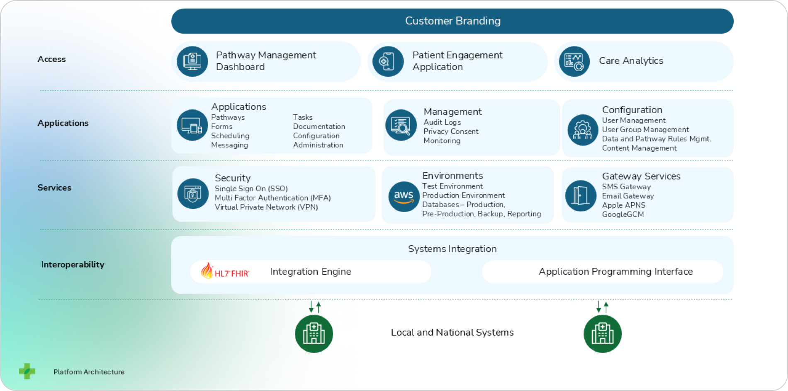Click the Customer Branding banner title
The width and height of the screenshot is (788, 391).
tap(452, 21)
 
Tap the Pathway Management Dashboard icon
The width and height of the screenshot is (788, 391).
tap(192, 61)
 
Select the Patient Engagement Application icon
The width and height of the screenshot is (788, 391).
tap(388, 61)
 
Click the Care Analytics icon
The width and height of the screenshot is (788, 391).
tap(574, 61)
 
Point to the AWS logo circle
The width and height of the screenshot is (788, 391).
tap(404, 196)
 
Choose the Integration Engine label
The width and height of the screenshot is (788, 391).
tap(310, 272)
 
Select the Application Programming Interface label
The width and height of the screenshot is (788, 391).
tap(615, 272)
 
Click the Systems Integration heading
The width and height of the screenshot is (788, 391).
tap(452, 249)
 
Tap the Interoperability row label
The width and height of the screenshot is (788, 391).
tap(73, 265)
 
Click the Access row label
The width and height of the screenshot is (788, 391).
tap(51, 59)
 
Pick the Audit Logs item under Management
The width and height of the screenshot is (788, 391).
tap(442, 122)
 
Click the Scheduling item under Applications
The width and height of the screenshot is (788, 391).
tap(230, 136)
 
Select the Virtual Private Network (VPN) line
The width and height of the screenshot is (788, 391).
tap(266, 207)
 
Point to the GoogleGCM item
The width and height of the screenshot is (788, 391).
tap(623, 215)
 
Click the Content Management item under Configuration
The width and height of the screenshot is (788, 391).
tap(639, 148)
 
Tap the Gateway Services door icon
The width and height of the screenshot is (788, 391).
tap(581, 195)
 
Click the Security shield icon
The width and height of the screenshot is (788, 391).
tap(193, 194)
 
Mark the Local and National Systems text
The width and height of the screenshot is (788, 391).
tap(452, 333)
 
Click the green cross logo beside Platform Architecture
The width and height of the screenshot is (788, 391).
tap(27, 371)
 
